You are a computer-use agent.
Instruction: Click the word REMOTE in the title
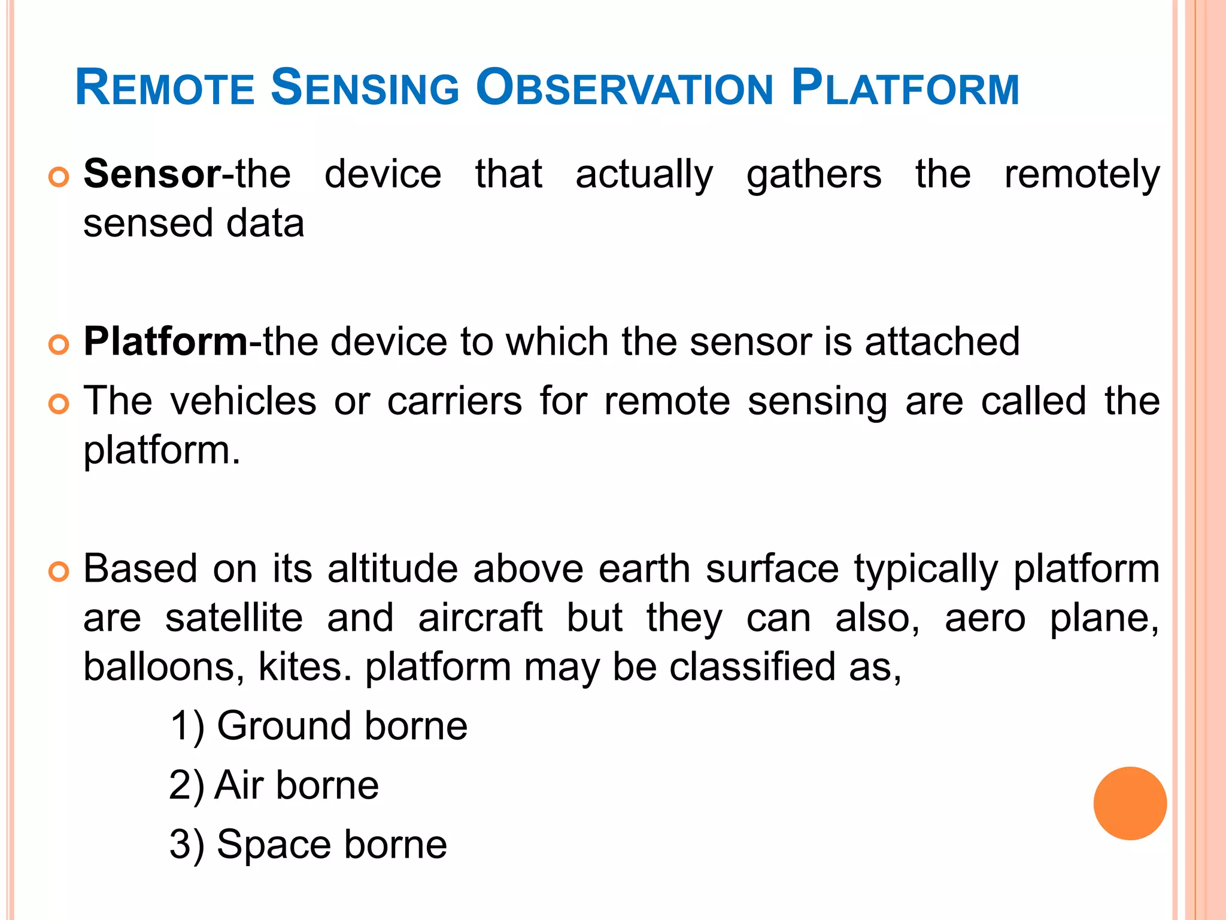pos(165,88)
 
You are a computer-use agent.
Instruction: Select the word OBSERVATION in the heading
pos(625,88)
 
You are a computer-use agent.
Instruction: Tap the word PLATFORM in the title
pos(905,88)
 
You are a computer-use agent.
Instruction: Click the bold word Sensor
pos(152,174)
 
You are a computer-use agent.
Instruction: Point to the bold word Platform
pos(165,341)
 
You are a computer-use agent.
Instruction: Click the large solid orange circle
pos(1130,803)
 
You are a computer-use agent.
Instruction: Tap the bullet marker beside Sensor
pos(59,177)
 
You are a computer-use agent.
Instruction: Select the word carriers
pos(454,401)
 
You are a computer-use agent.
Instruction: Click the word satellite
pos(234,618)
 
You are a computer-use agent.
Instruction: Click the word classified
pos(751,667)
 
